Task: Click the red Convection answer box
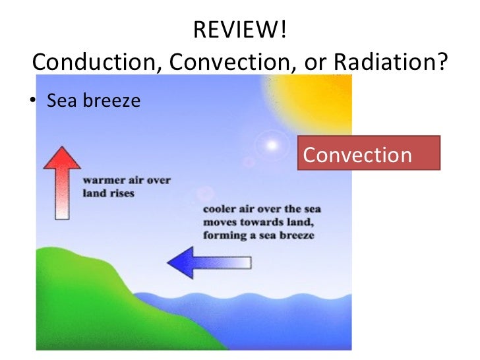368,154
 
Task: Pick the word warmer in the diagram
102,180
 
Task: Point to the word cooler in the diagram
220,210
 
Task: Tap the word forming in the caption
223,235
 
